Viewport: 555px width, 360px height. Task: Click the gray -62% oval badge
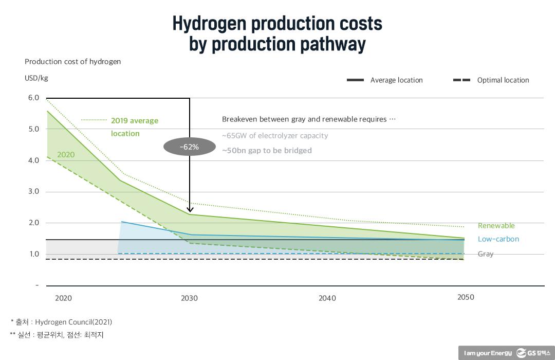pyautogui.click(x=189, y=147)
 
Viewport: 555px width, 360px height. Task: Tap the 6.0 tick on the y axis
pyautogui.click(x=33, y=98)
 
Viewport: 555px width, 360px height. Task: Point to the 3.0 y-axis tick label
pyautogui.click(x=33, y=191)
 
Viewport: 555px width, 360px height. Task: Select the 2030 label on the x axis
pyautogui.click(x=189, y=298)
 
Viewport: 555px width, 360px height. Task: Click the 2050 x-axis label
pyautogui.click(x=466, y=297)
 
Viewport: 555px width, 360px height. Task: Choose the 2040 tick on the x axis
pyautogui.click(x=327, y=298)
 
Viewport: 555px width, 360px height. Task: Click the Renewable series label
pyautogui.click(x=496, y=226)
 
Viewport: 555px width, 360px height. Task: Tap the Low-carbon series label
pyautogui.click(x=498, y=239)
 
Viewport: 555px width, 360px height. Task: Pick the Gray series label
pyautogui.click(x=486, y=254)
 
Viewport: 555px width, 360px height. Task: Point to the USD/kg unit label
pyautogui.click(x=36, y=78)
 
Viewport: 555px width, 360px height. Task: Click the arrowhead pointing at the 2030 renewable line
pyautogui.click(x=190, y=209)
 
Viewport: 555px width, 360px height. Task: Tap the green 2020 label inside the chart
pyautogui.click(x=66, y=155)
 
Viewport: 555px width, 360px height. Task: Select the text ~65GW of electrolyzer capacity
pyautogui.click(x=275, y=136)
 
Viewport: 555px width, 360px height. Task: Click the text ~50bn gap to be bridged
pyautogui.click(x=267, y=151)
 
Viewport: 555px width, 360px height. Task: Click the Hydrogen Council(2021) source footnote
pyautogui.click(x=73, y=322)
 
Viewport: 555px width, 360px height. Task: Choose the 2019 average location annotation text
pyautogui.click(x=135, y=127)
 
